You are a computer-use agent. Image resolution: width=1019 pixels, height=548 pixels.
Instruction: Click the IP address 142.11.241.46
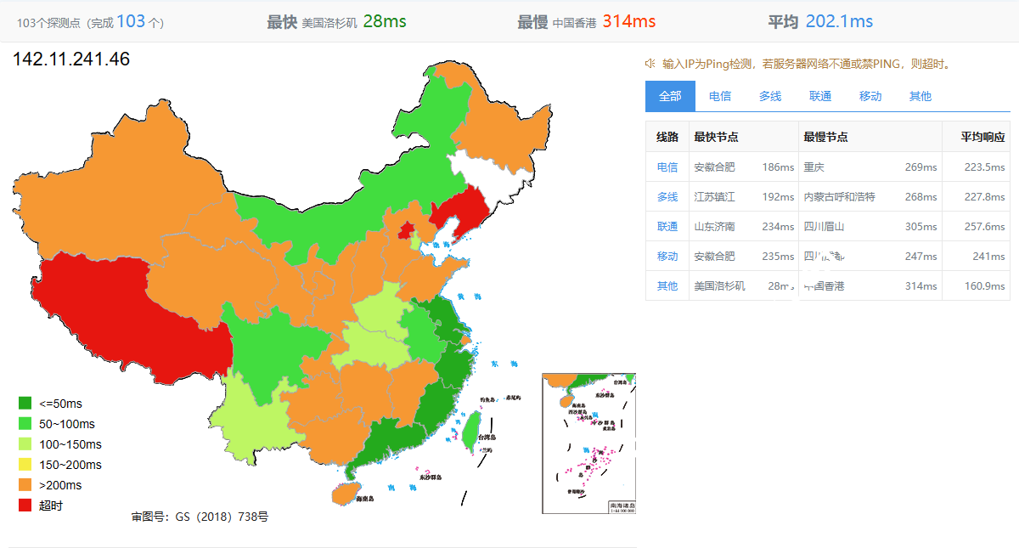(x=71, y=59)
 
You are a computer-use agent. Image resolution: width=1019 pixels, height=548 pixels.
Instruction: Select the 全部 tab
(x=670, y=96)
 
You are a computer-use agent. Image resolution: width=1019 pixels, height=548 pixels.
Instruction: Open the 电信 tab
(x=720, y=96)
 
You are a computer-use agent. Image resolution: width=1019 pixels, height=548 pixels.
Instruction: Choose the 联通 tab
(x=820, y=96)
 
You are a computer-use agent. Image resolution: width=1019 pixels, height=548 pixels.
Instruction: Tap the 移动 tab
(x=870, y=96)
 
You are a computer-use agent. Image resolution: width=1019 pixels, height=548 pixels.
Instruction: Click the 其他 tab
(x=920, y=96)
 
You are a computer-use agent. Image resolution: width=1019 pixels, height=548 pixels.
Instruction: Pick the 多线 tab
(x=770, y=96)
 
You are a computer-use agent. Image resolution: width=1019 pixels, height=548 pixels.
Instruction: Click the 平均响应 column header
(x=982, y=137)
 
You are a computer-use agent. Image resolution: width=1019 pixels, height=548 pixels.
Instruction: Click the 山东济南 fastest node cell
(x=714, y=226)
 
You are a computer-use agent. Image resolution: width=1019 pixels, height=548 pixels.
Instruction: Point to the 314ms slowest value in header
(x=628, y=22)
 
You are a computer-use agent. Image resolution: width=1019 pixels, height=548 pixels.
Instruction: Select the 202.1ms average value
(x=839, y=22)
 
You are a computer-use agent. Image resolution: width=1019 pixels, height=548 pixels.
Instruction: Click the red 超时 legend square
(x=25, y=506)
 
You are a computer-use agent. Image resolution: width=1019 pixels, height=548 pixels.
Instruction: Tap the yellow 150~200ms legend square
(x=25, y=465)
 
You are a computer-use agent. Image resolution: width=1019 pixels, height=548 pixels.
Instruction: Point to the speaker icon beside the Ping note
(x=650, y=63)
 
